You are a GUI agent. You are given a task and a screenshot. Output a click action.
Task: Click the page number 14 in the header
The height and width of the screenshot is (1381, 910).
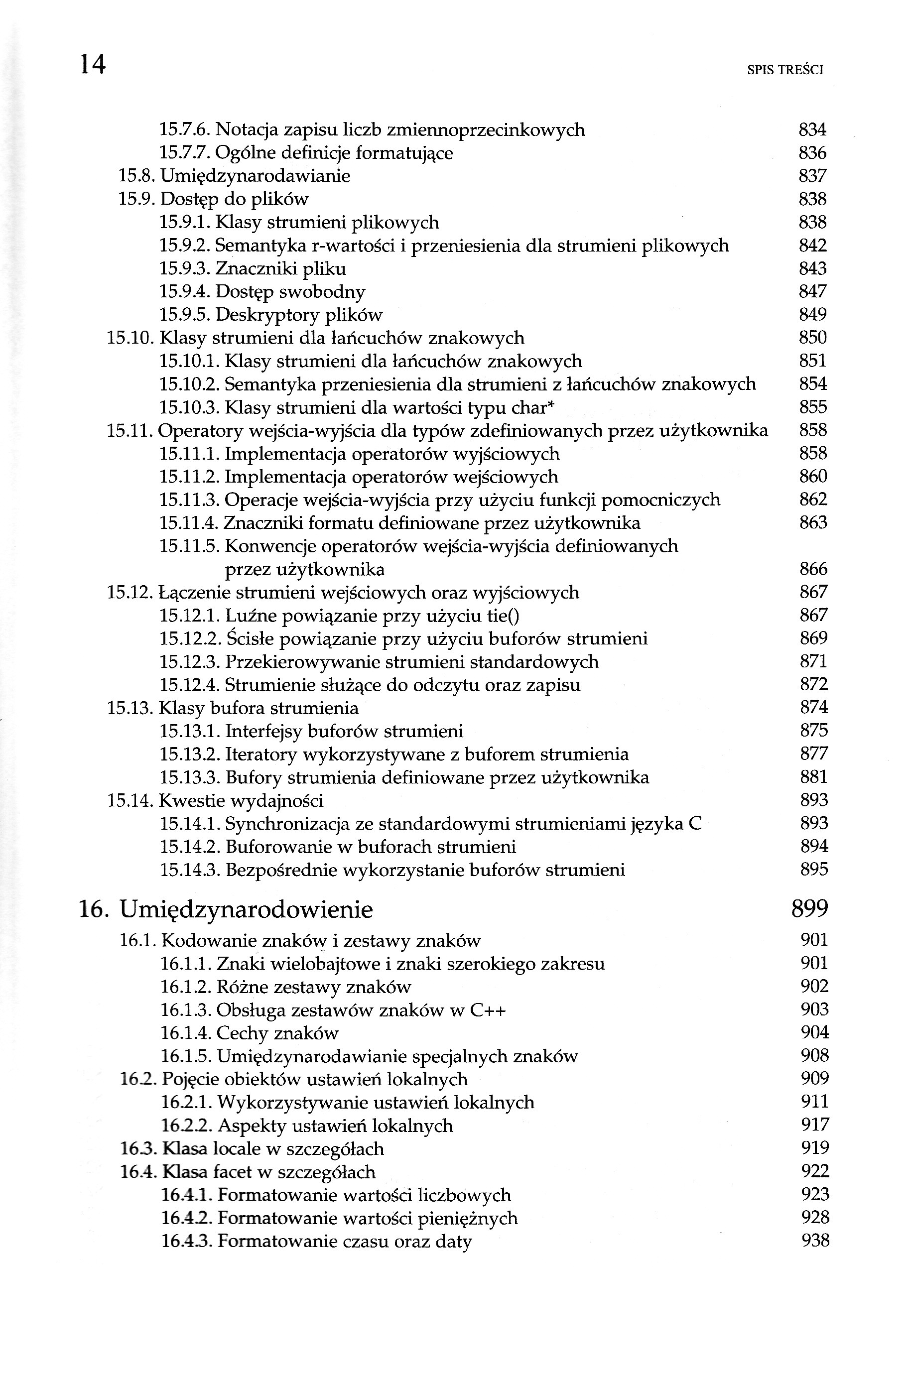93,64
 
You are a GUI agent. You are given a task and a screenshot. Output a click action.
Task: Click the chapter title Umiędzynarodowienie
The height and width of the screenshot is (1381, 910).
246,909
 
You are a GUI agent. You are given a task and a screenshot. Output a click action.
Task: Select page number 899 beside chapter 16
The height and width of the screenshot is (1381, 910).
809,909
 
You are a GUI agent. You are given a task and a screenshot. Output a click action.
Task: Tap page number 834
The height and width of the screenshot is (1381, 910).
812,130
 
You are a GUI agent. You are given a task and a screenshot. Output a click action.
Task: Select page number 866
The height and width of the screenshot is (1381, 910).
813,569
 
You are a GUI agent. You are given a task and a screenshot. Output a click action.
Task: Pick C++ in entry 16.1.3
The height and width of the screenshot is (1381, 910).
488,1010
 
